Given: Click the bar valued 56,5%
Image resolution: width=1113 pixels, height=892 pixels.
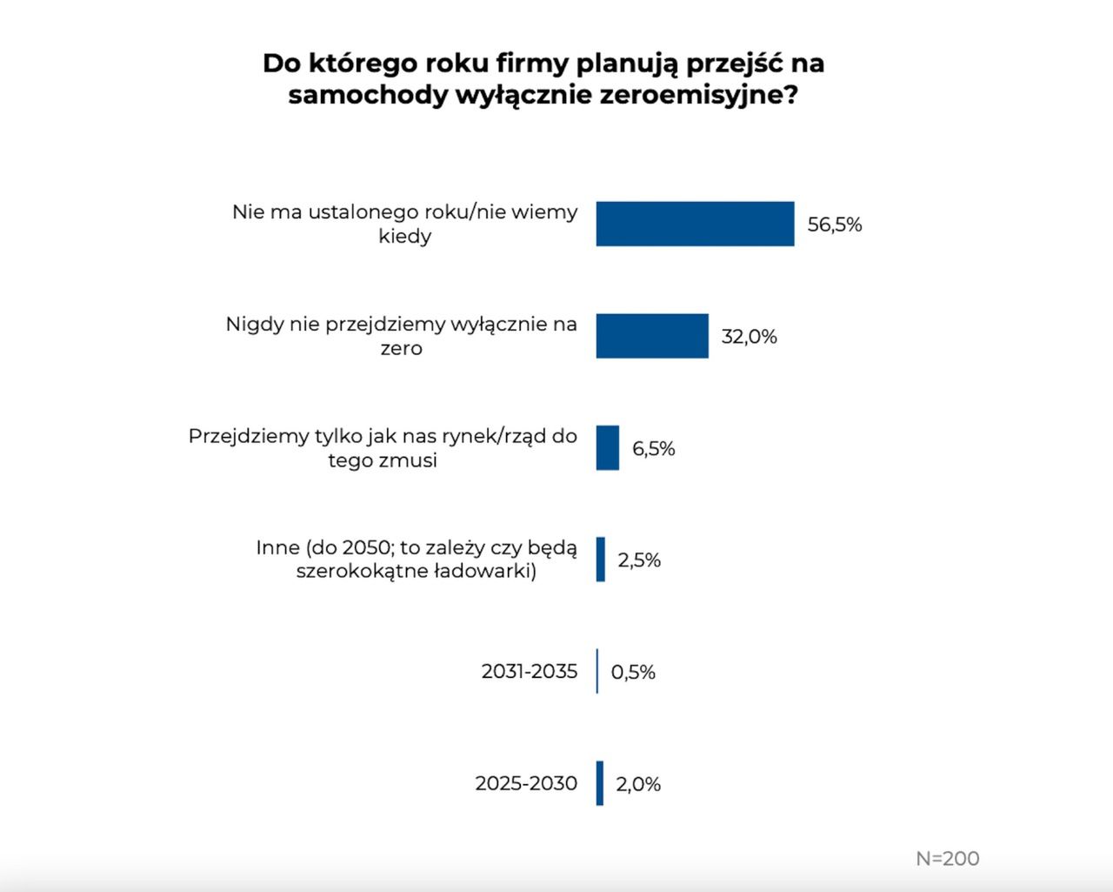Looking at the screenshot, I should click(x=695, y=224).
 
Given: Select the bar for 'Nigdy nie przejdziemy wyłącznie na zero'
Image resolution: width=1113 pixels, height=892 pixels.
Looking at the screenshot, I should click(x=652, y=336).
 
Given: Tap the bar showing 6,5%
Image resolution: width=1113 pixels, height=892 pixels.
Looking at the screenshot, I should click(x=608, y=447).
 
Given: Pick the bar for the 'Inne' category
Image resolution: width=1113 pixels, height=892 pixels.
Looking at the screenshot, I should click(x=601, y=560).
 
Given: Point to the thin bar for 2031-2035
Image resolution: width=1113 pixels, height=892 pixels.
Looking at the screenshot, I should click(x=597, y=671).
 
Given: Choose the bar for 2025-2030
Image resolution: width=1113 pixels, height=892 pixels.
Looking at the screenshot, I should click(x=600, y=783).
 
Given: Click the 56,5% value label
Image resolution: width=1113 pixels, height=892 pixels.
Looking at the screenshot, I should click(x=835, y=225).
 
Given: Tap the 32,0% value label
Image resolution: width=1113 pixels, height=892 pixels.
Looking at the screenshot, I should click(x=750, y=337).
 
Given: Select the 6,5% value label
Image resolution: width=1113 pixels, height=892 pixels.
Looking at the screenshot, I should click(x=654, y=448).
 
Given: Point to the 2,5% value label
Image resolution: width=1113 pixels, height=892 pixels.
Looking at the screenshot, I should click(x=640, y=560).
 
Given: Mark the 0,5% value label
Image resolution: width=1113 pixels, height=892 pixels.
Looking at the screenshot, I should click(x=633, y=672).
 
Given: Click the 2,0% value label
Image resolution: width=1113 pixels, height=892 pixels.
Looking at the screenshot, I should click(x=638, y=784).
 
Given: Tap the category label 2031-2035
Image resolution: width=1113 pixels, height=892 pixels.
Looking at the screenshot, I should click(x=530, y=671).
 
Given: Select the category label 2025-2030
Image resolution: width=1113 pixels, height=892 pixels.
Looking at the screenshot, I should click(x=526, y=783).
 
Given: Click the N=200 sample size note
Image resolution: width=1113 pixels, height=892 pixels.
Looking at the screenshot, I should click(x=948, y=858).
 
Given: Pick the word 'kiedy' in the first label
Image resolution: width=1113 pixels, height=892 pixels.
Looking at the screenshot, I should click(x=405, y=236).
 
